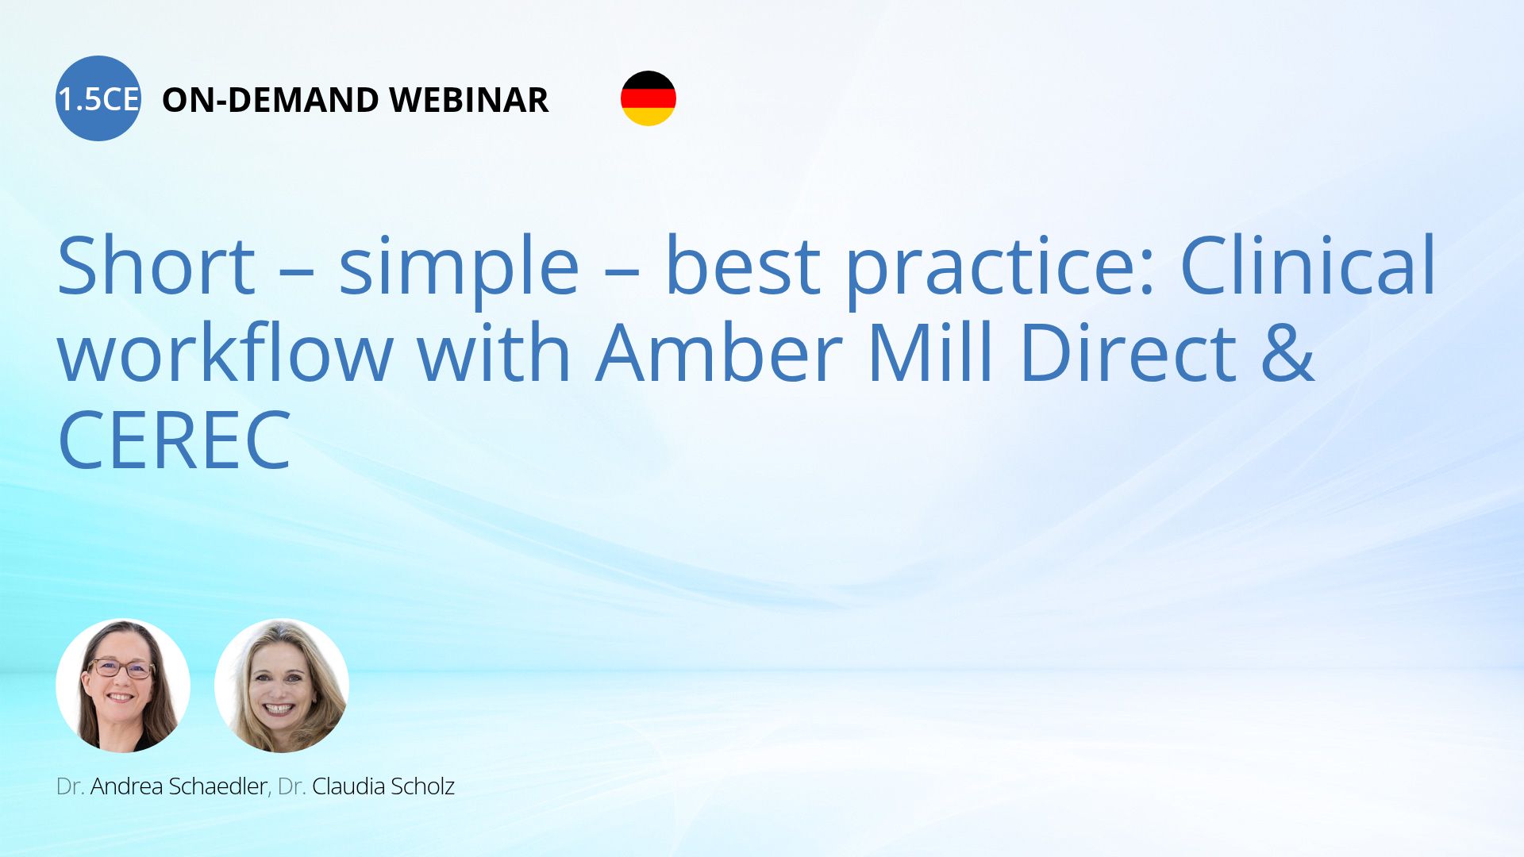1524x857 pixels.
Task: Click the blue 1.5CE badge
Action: [x=98, y=98]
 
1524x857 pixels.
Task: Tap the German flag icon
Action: [x=648, y=98]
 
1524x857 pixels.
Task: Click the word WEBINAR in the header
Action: [x=469, y=100]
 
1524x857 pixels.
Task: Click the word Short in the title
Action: [x=156, y=265]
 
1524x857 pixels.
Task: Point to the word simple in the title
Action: [x=459, y=270]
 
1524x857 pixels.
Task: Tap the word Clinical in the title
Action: [x=1309, y=265]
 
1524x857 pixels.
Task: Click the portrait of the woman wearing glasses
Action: [x=123, y=686]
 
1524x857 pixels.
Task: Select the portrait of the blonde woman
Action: [x=282, y=686]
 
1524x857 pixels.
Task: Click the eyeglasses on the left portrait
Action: [x=121, y=669]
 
